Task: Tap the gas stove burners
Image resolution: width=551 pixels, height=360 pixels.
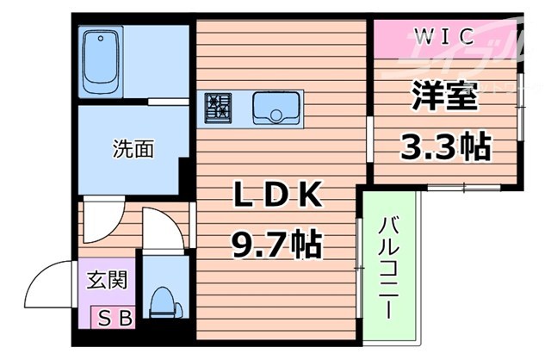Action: pos(219,108)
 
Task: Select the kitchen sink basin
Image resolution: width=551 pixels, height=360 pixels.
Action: pos(275,109)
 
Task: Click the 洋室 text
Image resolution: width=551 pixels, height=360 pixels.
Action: pos(445,95)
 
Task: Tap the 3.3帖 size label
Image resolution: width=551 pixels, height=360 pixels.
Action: pos(445,146)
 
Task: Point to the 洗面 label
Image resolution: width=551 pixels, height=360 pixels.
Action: pos(133,149)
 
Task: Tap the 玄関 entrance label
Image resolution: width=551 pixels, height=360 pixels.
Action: pos(107,281)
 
